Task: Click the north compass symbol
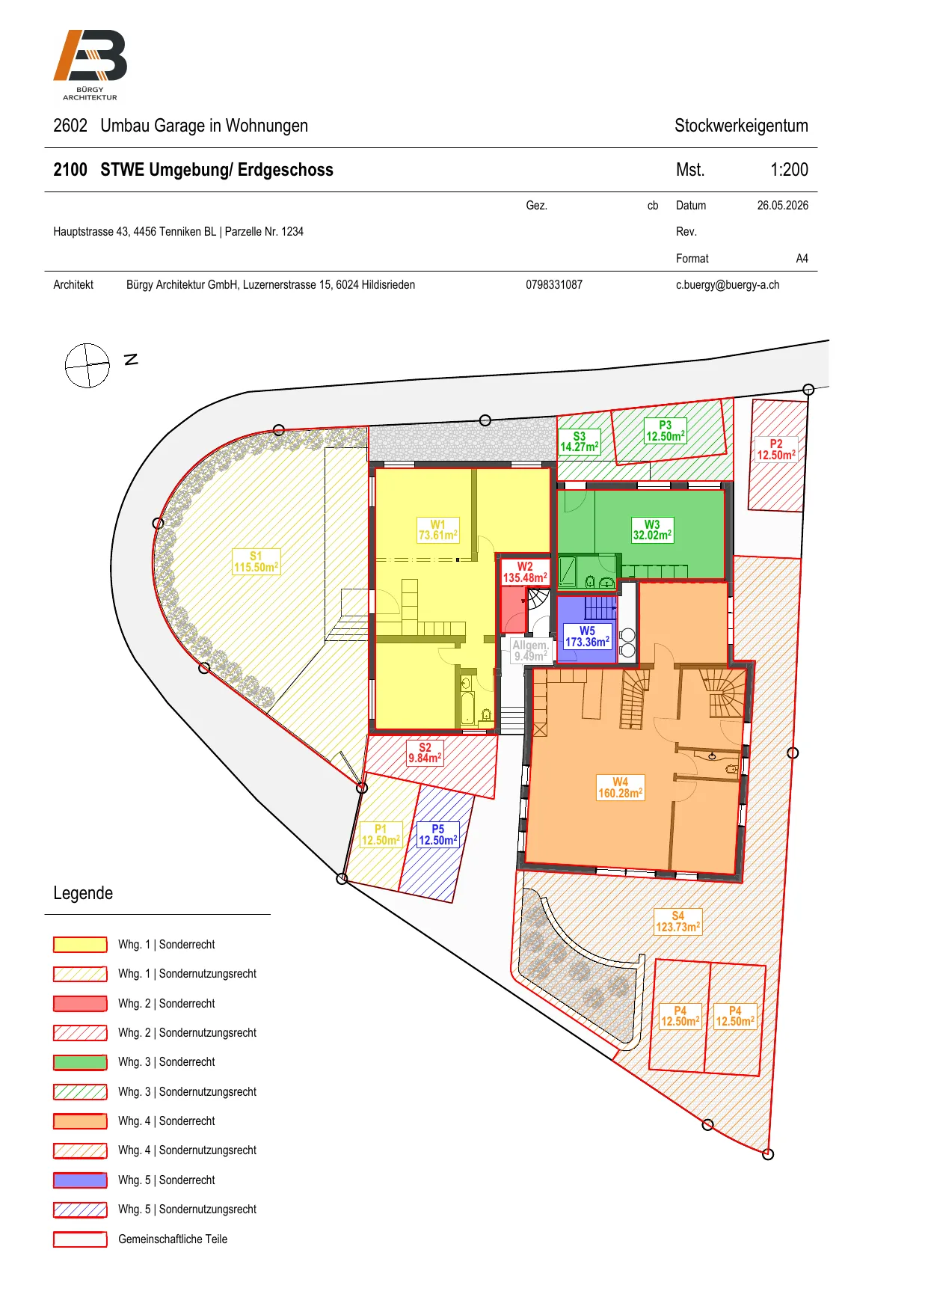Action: (x=87, y=366)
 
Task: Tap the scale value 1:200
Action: (x=789, y=170)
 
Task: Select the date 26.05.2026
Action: (x=782, y=205)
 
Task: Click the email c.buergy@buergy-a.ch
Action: (x=728, y=285)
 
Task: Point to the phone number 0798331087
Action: (x=554, y=285)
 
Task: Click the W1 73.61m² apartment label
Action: (x=438, y=530)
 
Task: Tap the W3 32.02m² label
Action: (x=652, y=530)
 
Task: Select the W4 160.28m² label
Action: (x=621, y=788)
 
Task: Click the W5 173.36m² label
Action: (x=587, y=637)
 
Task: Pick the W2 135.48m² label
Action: (x=525, y=572)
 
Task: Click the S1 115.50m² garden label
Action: (x=256, y=562)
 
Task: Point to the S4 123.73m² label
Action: (x=678, y=922)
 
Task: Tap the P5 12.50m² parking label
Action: (x=438, y=835)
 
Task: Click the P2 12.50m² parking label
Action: (x=776, y=450)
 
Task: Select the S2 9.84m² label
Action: (x=425, y=752)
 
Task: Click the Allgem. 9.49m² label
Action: (x=530, y=651)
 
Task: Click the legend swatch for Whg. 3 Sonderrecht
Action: (x=80, y=1062)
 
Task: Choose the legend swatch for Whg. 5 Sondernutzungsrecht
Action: (x=80, y=1210)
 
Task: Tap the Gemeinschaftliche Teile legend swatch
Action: (x=80, y=1239)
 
